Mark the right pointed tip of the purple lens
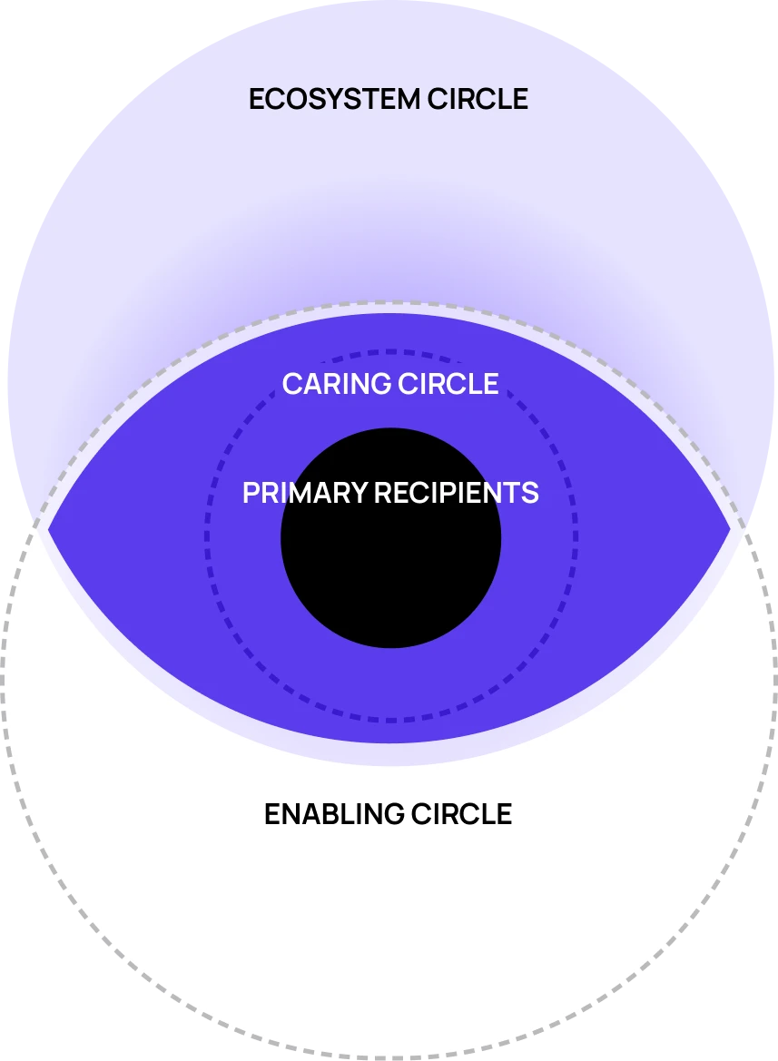pyautogui.click(x=730, y=527)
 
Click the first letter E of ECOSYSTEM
pyautogui.click(x=257, y=98)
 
